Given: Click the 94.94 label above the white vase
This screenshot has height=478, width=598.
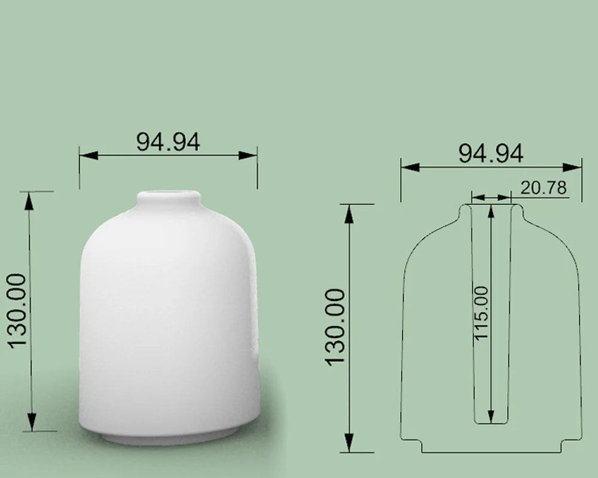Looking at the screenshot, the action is tap(168, 142).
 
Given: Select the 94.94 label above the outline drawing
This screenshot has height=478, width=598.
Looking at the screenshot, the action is tap(490, 153).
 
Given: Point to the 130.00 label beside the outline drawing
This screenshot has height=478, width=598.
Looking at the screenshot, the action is tap(335, 327).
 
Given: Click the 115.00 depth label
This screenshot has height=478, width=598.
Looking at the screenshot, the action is tap(481, 313).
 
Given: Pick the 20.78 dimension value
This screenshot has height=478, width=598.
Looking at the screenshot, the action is tap(544, 188).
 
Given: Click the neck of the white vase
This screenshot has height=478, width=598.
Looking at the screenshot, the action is tap(169, 201).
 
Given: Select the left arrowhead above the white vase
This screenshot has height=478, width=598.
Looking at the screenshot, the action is tap(89, 155).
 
